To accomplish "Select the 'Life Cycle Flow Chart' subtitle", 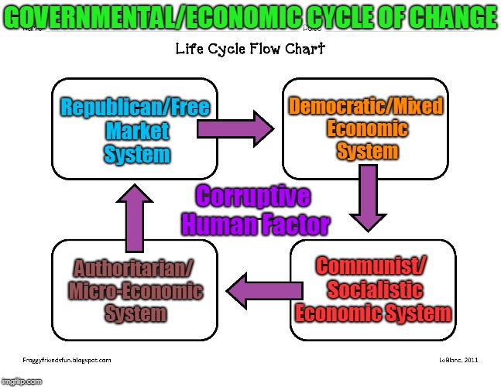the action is tap(249, 49).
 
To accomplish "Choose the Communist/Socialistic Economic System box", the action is tap(372, 290).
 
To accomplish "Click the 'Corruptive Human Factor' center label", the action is tap(256, 210).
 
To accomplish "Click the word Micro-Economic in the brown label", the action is tap(136, 292).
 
